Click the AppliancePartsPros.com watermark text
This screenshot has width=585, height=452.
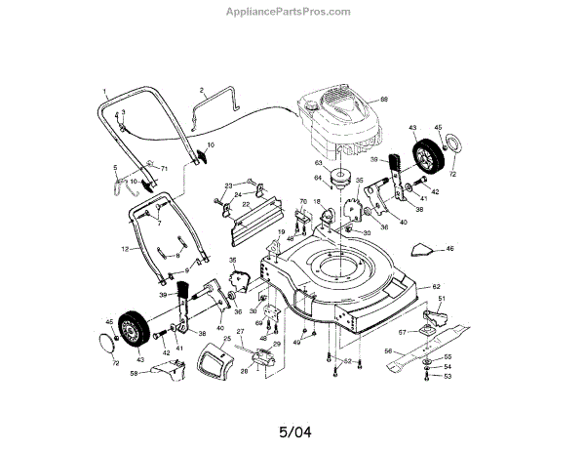tap(292, 12)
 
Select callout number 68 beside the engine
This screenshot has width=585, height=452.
tap(384, 101)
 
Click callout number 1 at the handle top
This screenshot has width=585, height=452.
tap(103, 91)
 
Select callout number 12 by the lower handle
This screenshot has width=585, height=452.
tap(124, 250)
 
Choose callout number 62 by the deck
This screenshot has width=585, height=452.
tap(437, 287)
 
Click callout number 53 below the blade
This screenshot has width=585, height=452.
tap(448, 376)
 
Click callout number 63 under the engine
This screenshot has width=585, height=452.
tap(317, 163)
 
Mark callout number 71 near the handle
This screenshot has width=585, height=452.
tap(165, 169)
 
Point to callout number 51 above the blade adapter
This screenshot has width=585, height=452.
tap(440, 299)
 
